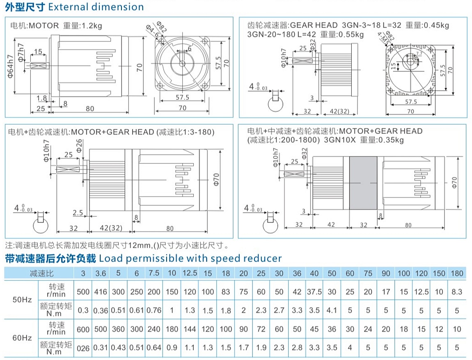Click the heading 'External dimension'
point(96,7)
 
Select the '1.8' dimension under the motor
point(41,98)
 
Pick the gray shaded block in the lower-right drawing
point(363,183)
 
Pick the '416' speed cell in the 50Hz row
point(101,292)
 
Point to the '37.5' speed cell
point(314,292)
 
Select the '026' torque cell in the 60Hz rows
point(83,348)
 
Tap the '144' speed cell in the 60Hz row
point(190,329)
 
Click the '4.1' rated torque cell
point(332,310)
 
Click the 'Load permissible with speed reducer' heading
point(190,258)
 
